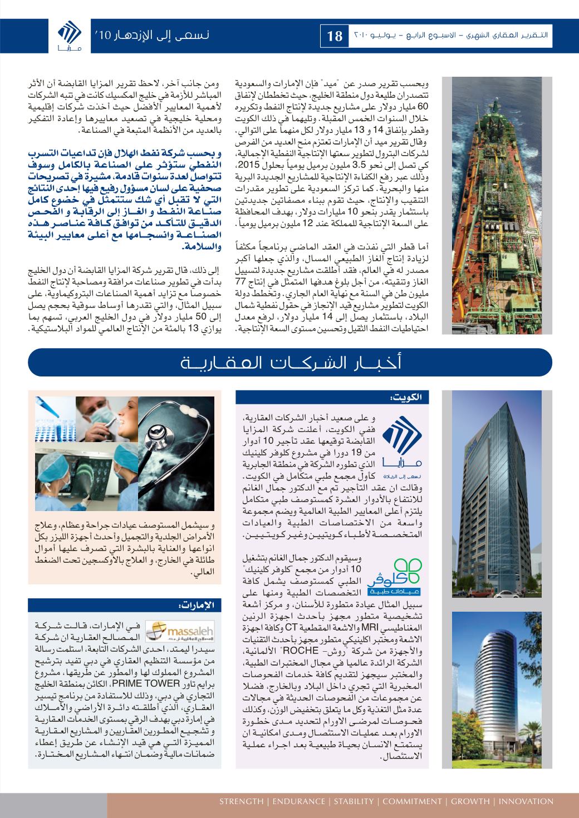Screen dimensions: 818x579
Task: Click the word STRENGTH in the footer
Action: pos(241,801)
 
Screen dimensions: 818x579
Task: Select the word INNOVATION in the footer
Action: pos(526,801)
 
